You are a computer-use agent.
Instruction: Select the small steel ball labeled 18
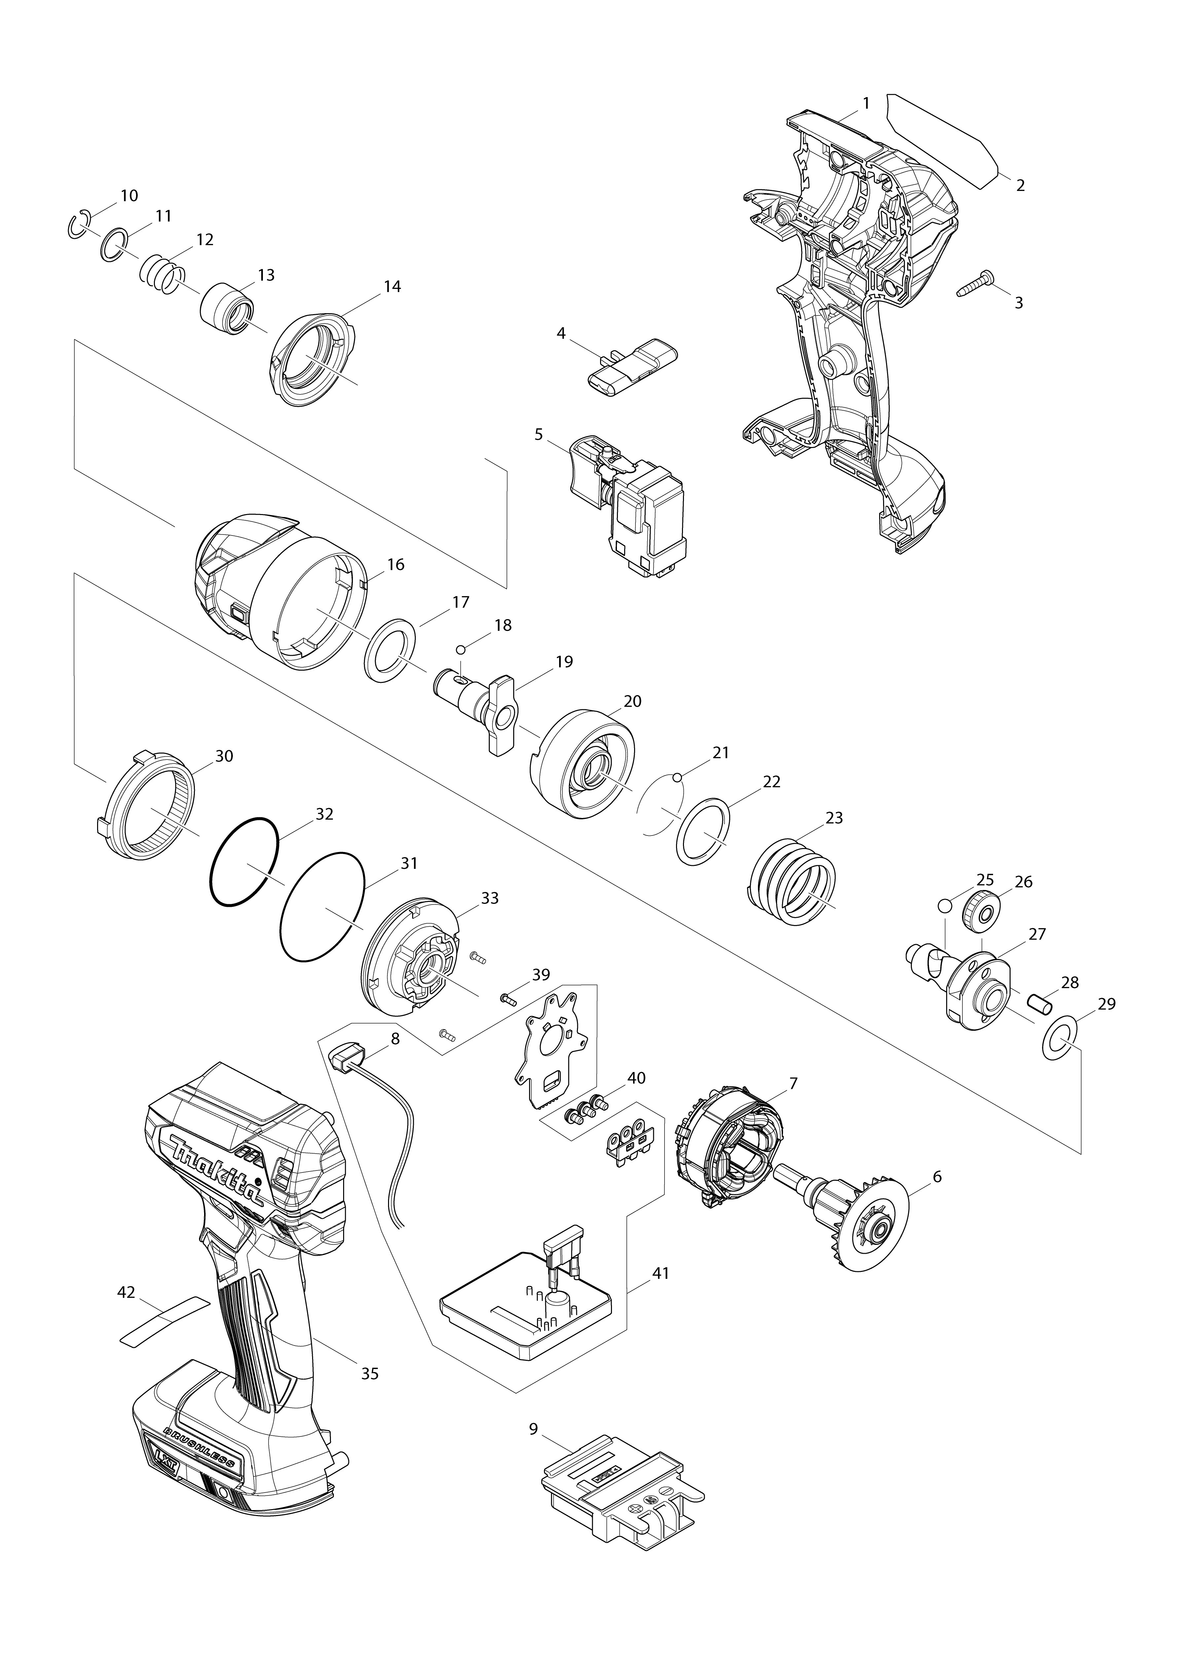[x=460, y=649]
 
